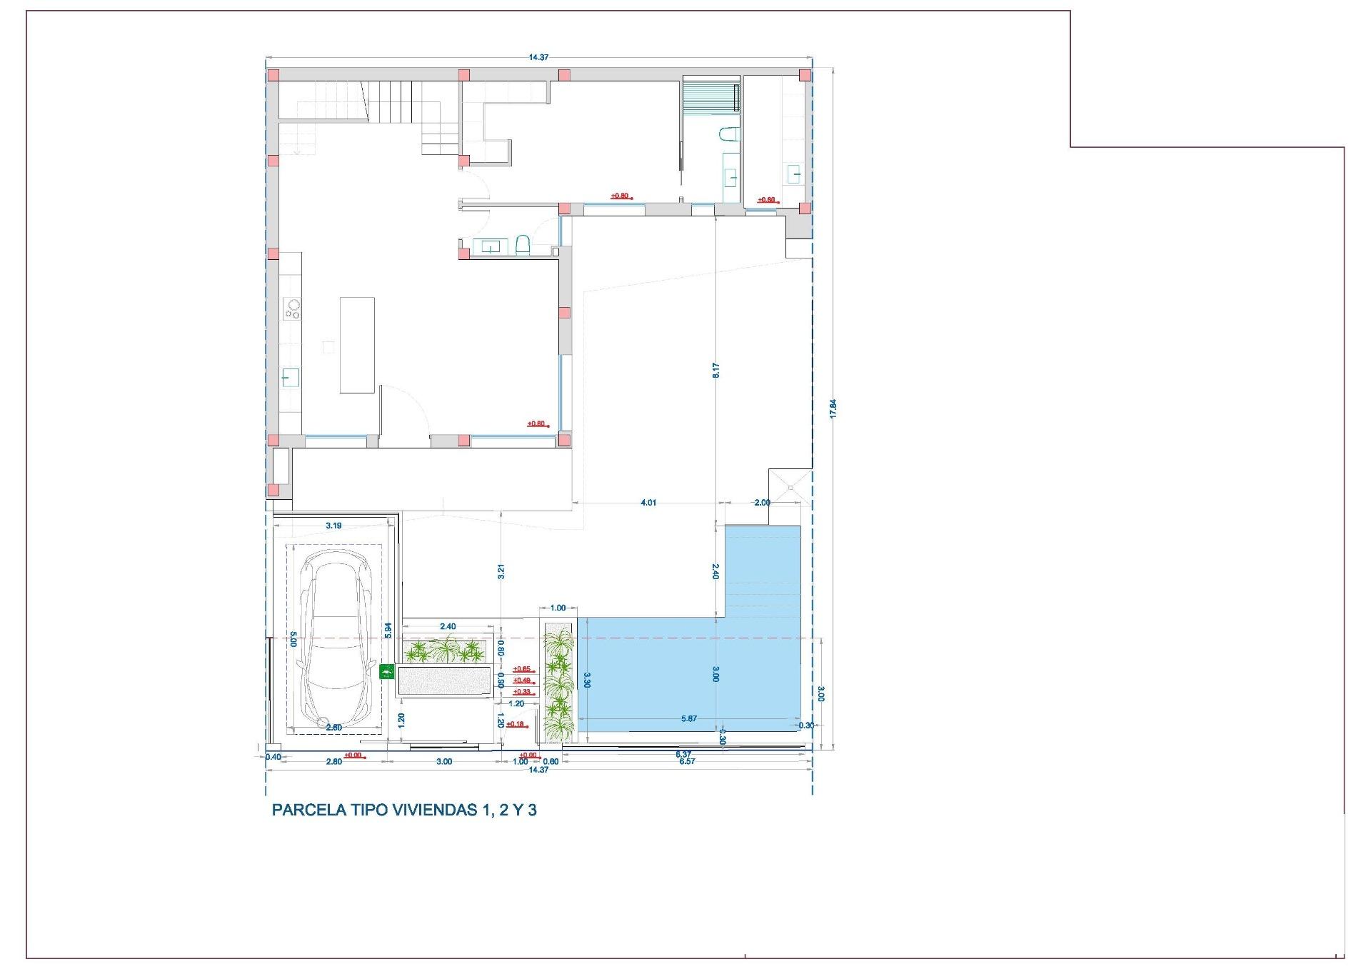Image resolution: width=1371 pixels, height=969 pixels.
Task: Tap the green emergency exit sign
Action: click(386, 671)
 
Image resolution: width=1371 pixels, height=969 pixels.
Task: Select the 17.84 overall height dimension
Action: click(833, 408)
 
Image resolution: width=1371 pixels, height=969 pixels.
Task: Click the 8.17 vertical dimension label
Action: click(716, 370)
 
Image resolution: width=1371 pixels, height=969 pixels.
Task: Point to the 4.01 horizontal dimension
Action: click(648, 503)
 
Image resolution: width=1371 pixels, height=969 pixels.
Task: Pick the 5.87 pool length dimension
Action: click(688, 718)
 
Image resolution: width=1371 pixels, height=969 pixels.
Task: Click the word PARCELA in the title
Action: click(308, 810)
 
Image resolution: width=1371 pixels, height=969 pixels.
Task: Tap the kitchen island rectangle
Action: click(357, 345)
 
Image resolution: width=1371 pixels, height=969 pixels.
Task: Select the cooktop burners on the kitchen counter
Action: click(293, 308)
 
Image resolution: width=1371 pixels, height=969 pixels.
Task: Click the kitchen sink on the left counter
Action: click(291, 377)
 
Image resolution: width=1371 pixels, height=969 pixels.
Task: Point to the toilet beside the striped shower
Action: click(728, 136)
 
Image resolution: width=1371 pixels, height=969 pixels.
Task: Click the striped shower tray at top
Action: click(710, 96)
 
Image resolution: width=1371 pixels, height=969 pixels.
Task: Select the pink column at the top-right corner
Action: click(805, 75)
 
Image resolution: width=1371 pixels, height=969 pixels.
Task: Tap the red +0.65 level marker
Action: click(522, 669)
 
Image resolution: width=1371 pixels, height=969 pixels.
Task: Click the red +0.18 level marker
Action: click(516, 724)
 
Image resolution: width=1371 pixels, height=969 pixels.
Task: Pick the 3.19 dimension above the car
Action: click(333, 526)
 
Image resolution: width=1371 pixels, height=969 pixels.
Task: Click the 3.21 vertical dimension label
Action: click(501, 571)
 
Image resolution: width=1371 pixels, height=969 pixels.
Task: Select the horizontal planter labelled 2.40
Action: click(446, 651)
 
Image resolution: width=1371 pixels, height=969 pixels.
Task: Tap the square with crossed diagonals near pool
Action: click(790, 488)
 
